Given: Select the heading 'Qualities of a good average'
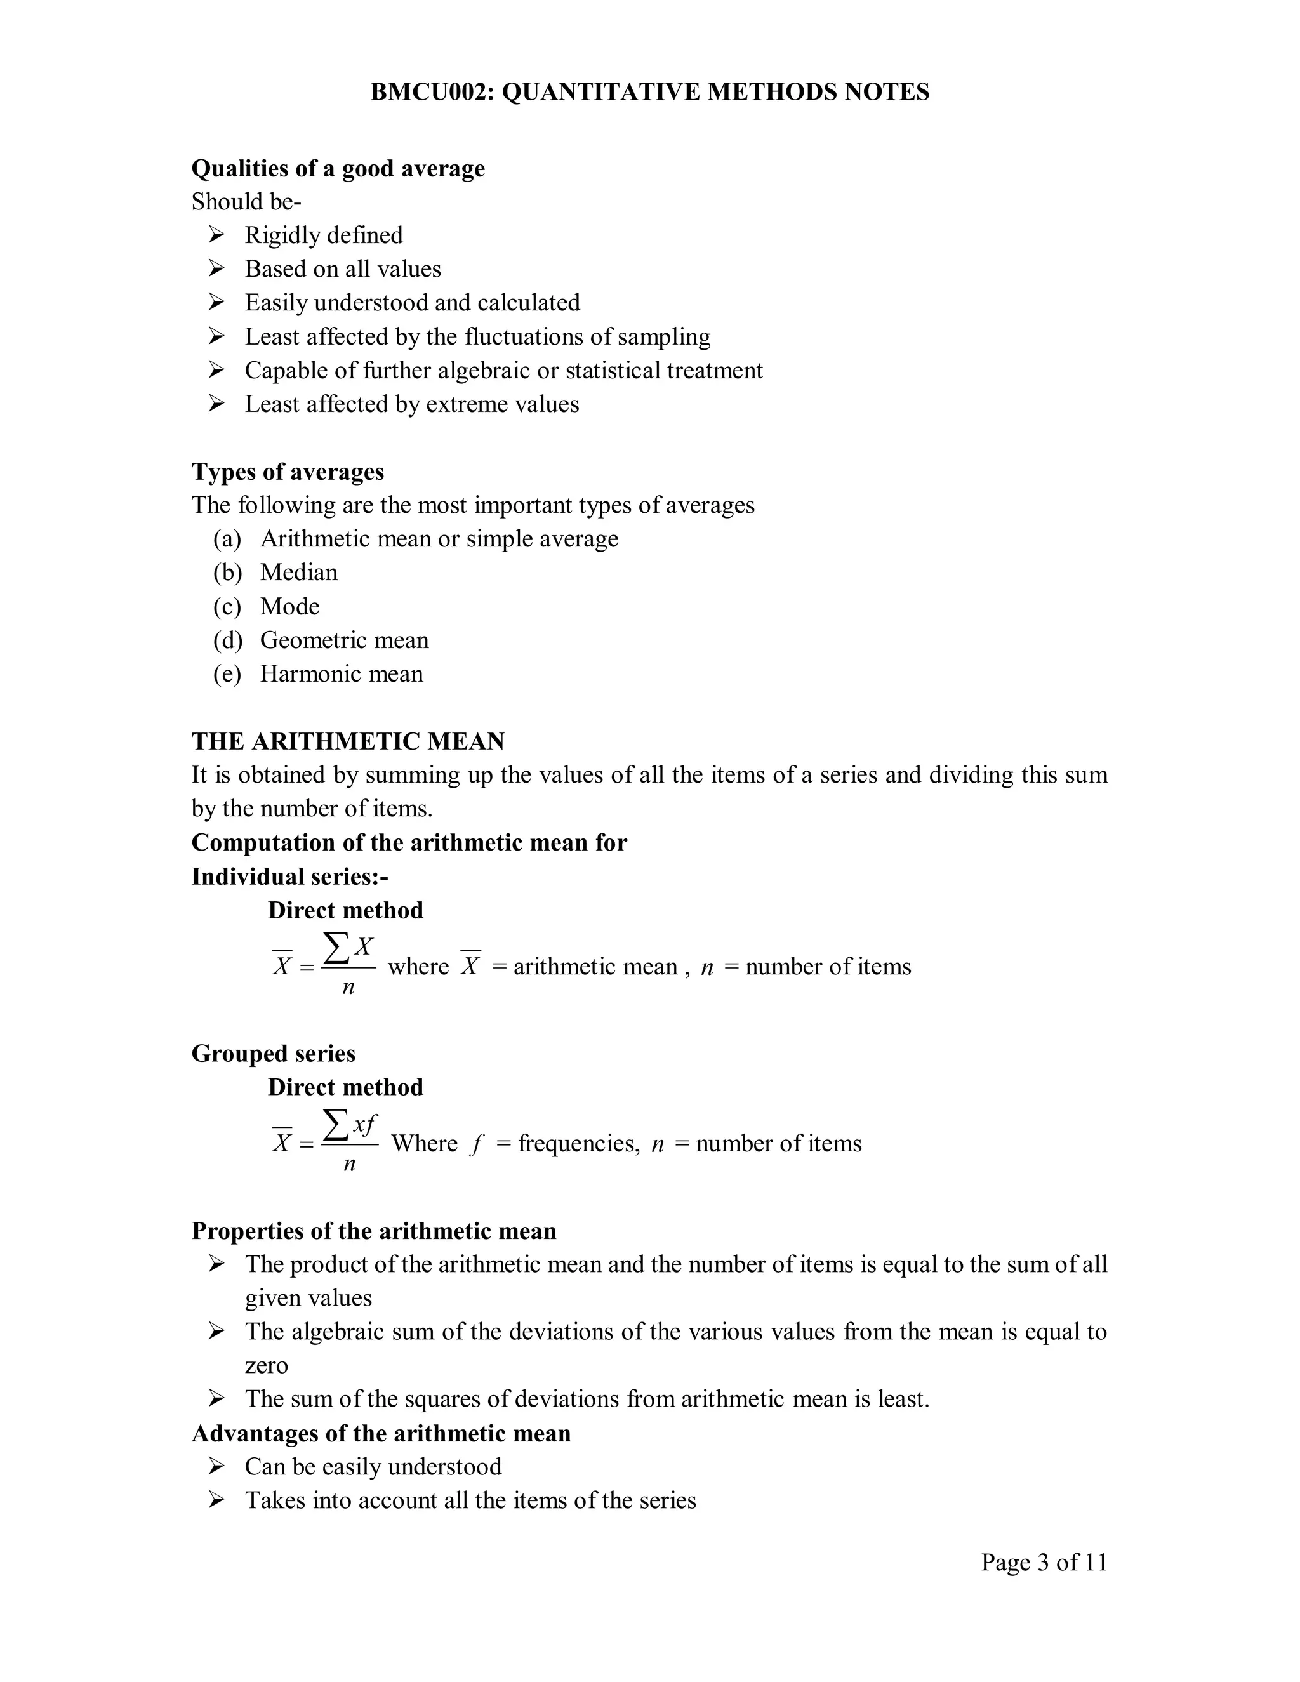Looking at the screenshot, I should tap(338, 168).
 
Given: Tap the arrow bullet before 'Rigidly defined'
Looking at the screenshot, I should tap(216, 234).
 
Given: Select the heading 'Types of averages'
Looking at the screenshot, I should tap(288, 472).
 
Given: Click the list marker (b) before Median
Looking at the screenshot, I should tap(227, 573).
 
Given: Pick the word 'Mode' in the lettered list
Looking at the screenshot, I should tap(289, 606).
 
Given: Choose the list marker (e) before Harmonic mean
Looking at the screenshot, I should tap(227, 674).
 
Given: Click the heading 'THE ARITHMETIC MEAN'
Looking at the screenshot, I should tap(348, 741).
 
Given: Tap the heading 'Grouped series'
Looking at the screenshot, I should tap(274, 1054).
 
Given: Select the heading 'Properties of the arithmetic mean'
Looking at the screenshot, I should tap(373, 1231).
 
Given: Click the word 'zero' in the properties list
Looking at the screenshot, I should tap(267, 1365).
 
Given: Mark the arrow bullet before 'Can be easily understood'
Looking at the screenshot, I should tap(216, 1466).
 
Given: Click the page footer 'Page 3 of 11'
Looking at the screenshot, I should tap(1044, 1562).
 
